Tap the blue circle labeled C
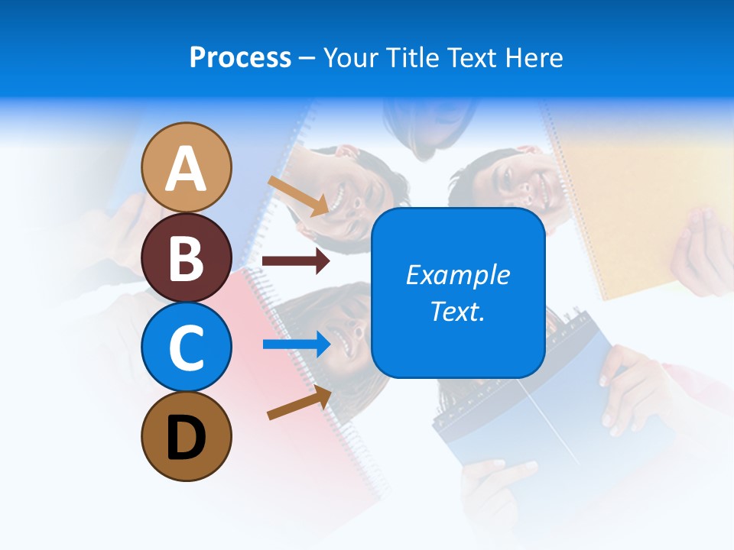coord(187,347)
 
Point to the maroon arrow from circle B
coord(296,261)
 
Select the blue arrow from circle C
coord(297,345)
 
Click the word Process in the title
coord(240,57)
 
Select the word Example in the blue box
coord(457,275)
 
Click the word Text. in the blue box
coord(457,311)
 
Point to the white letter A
coord(187,169)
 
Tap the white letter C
coord(187,348)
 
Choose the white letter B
coord(187,257)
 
